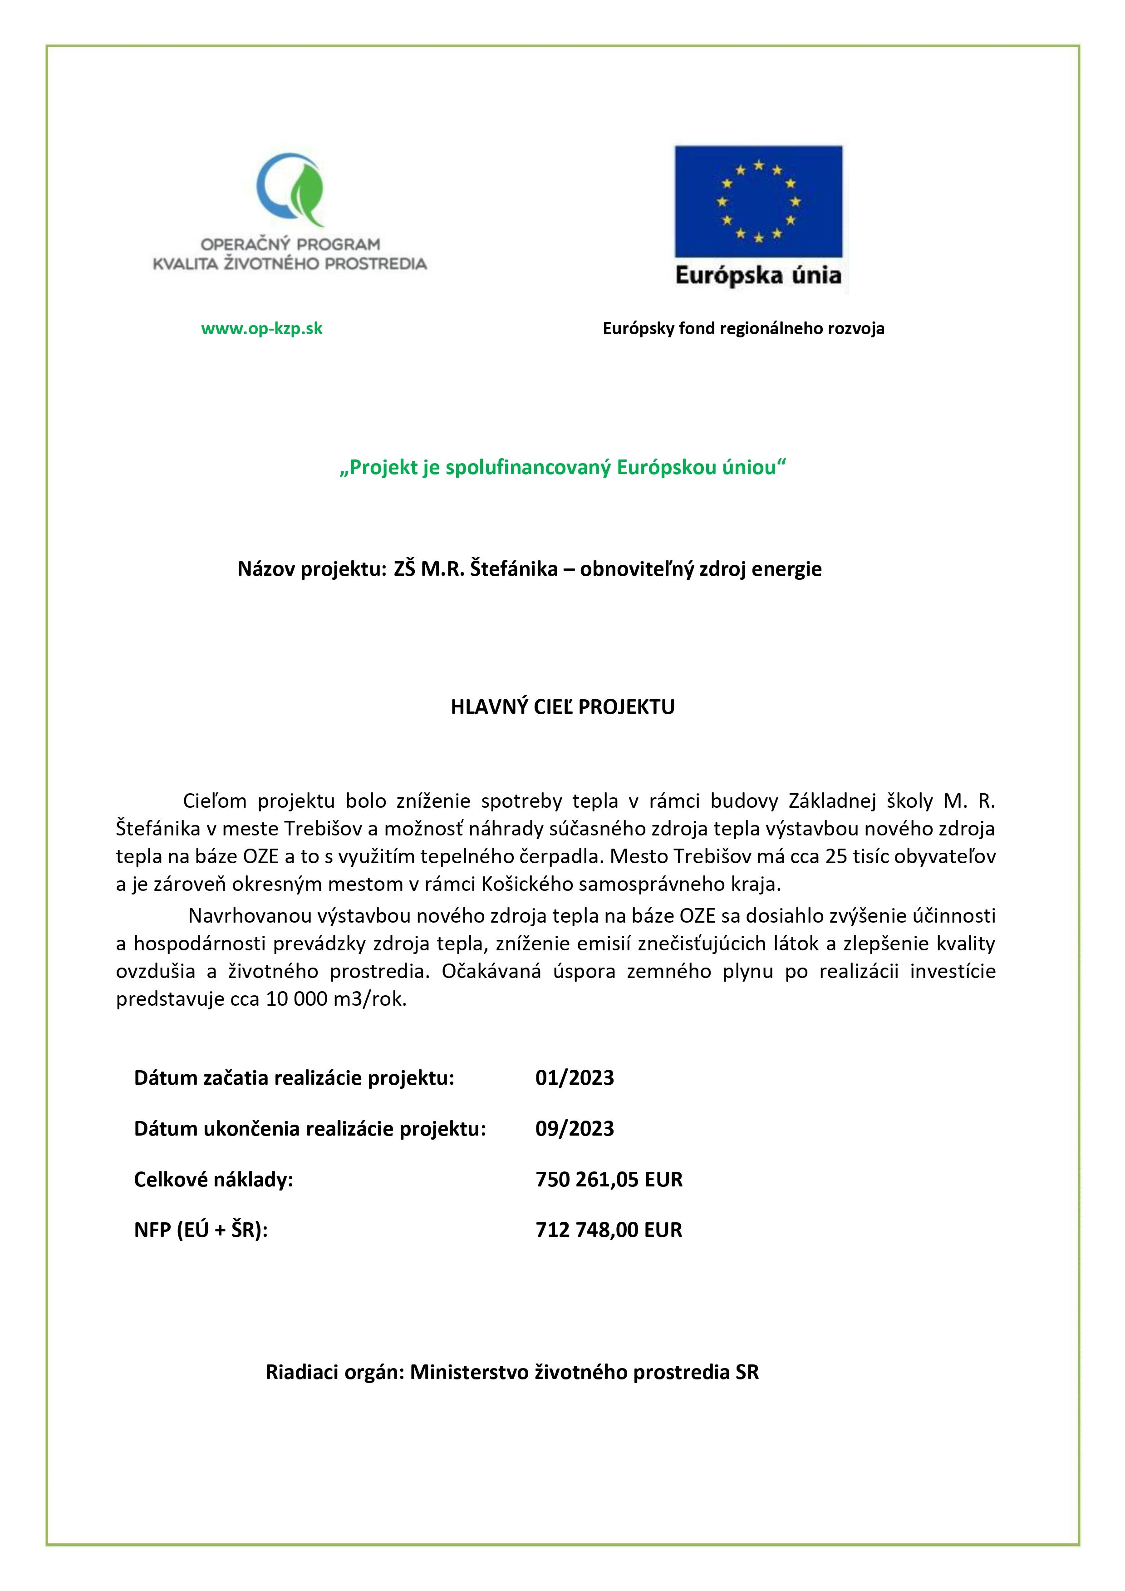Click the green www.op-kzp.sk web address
point(262,328)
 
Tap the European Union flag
point(758,201)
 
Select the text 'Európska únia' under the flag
point(758,276)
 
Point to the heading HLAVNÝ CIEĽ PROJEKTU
point(563,707)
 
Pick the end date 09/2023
point(574,1128)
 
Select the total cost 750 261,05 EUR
point(609,1179)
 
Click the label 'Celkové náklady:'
point(213,1179)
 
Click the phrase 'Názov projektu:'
point(310,569)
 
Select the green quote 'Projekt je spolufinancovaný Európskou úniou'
point(563,468)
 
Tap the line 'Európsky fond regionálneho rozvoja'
point(743,328)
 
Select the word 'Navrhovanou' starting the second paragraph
point(247,916)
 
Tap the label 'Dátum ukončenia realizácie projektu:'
point(309,1128)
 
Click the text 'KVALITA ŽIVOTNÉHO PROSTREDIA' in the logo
point(290,263)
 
